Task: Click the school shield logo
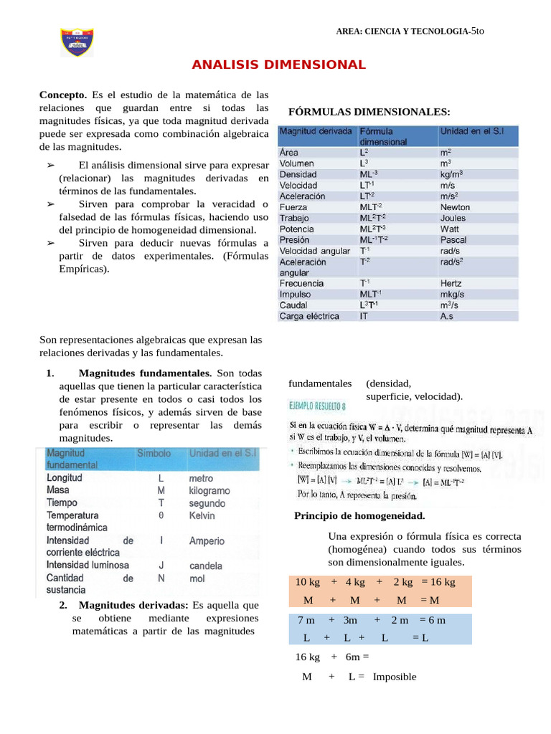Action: (77, 43)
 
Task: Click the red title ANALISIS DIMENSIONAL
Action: (278, 65)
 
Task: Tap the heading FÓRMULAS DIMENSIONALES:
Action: (369, 112)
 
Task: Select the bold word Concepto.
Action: (63, 95)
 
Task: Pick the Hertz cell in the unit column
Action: (453, 283)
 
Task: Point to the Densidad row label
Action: (298, 174)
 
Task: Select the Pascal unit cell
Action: (453, 240)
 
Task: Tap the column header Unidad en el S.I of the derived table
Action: (471, 132)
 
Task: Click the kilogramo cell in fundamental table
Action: (209, 490)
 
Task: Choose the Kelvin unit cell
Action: (202, 515)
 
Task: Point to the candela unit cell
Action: (205, 566)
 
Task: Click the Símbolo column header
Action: (154, 454)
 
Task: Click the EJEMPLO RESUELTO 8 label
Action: (316, 406)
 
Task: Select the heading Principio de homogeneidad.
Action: (359, 516)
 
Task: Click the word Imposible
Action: (394, 677)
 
